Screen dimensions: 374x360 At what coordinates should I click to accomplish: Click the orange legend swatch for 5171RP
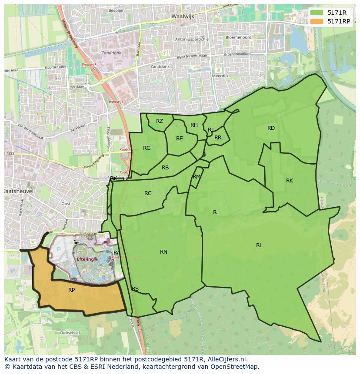pyautogui.click(x=317, y=21)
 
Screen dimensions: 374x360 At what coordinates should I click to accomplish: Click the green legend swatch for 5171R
pyautogui.click(x=317, y=13)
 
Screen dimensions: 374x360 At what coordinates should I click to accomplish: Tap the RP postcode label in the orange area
pyautogui.click(x=72, y=290)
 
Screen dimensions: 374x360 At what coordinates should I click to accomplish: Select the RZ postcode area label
pyautogui.click(x=160, y=121)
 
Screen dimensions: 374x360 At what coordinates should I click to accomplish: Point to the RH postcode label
pyautogui.click(x=194, y=125)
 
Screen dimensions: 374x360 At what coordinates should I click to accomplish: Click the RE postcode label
pyautogui.click(x=180, y=139)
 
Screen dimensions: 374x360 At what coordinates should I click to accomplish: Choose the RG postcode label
pyautogui.click(x=147, y=148)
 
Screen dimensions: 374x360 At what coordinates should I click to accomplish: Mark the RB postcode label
pyautogui.click(x=165, y=168)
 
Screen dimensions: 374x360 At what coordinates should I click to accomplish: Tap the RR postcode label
pyautogui.click(x=218, y=138)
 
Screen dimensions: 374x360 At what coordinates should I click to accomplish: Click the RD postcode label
pyautogui.click(x=271, y=128)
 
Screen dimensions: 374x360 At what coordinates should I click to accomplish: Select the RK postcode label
pyautogui.click(x=290, y=181)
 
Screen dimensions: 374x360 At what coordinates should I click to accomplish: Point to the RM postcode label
pyautogui.click(x=197, y=177)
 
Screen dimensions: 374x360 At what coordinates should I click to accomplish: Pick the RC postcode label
pyautogui.click(x=148, y=193)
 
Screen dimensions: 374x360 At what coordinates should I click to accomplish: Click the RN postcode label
pyautogui.click(x=163, y=252)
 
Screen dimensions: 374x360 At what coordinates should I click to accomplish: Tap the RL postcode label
pyautogui.click(x=259, y=245)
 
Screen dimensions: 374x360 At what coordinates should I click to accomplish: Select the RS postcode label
pyautogui.click(x=135, y=289)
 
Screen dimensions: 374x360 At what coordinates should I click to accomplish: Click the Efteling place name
pyautogui.click(x=85, y=259)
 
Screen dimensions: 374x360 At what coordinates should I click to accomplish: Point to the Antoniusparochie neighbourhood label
pyautogui.click(x=192, y=39)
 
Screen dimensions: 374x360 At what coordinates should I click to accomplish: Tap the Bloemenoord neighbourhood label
pyautogui.click(x=239, y=37)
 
